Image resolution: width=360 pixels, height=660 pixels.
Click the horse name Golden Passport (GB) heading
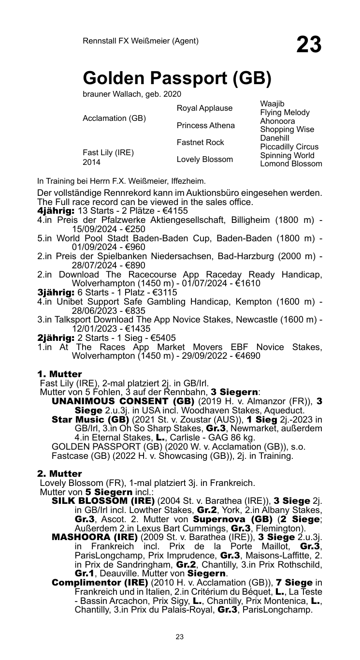pyautogui.click(x=177, y=77)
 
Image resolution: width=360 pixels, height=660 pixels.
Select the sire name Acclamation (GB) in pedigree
pyautogui.click(x=115, y=118)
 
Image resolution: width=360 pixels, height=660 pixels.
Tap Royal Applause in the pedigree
pyautogui.click(x=204, y=108)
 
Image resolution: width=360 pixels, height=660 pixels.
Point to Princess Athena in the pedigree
pyautogui.click(x=206, y=125)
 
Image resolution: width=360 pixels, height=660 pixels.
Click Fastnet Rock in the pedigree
pyautogui.click(x=201, y=143)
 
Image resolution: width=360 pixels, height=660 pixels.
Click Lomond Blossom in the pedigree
pyautogui.click(x=291, y=164)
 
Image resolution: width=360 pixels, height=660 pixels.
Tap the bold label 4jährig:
pyautogui.click(x=56, y=211)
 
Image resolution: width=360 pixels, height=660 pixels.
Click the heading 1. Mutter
pyautogui.click(x=59, y=374)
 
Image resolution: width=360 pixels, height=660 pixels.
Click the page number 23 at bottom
pyautogui.click(x=180, y=637)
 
